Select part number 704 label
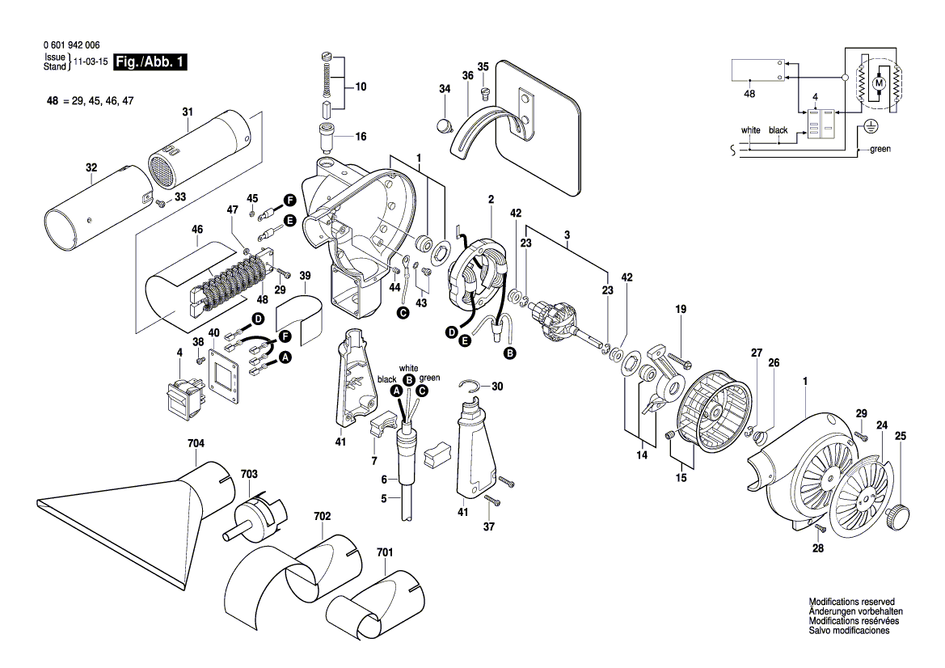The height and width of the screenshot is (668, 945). pyautogui.click(x=196, y=443)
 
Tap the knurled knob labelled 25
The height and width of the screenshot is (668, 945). pyautogui.click(x=899, y=515)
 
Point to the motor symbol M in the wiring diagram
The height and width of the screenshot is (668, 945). pyautogui.click(x=878, y=82)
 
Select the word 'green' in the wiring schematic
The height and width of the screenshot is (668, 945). pyautogui.click(x=880, y=150)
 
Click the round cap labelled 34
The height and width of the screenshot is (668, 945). pyautogui.click(x=442, y=125)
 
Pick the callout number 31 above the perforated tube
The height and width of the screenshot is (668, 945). pyautogui.click(x=188, y=112)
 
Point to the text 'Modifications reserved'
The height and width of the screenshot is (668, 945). pyautogui.click(x=851, y=602)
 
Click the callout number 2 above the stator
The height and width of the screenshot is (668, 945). pyautogui.click(x=491, y=200)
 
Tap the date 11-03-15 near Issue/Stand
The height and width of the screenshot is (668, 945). pyautogui.click(x=91, y=61)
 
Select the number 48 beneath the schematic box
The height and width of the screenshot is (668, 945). pyautogui.click(x=749, y=95)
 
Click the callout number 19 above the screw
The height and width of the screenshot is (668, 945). pyautogui.click(x=681, y=309)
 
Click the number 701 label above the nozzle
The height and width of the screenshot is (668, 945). pyautogui.click(x=385, y=552)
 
